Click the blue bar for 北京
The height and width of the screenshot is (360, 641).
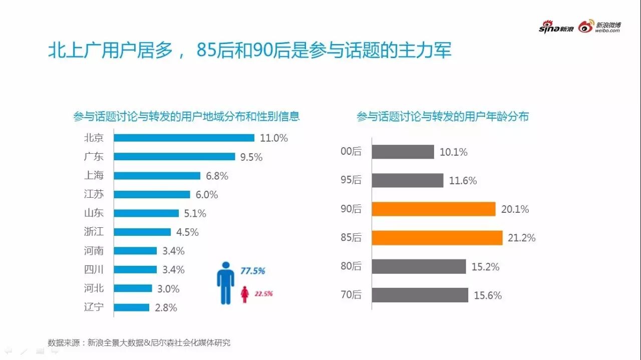click(x=184, y=138)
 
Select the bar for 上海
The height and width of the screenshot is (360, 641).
click(x=157, y=176)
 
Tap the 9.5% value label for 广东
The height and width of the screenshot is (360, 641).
click(x=251, y=157)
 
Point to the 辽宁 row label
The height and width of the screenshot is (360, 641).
click(x=94, y=307)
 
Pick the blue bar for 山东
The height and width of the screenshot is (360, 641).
click(x=146, y=213)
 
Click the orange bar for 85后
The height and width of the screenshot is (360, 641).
click(x=437, y=238)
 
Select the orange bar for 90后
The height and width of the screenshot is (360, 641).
click(x=433, y=209)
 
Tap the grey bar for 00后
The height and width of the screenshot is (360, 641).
click(x=403, y=152)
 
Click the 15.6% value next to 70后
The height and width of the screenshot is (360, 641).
click(x=488, y=295)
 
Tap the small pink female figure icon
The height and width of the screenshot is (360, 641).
click(x=245, y=294)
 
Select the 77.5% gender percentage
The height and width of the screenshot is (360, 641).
click(x=253, y=271)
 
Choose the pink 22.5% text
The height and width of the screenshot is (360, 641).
click(x=263, y=294)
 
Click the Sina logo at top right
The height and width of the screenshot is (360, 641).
click(x=556, y=28)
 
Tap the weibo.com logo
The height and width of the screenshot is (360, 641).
click(x=599, y=27)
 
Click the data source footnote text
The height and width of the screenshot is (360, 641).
click(x=139, y=343)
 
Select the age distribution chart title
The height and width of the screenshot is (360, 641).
click(x=442, y=117)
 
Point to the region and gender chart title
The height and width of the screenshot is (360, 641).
click(x=186, y=117)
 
